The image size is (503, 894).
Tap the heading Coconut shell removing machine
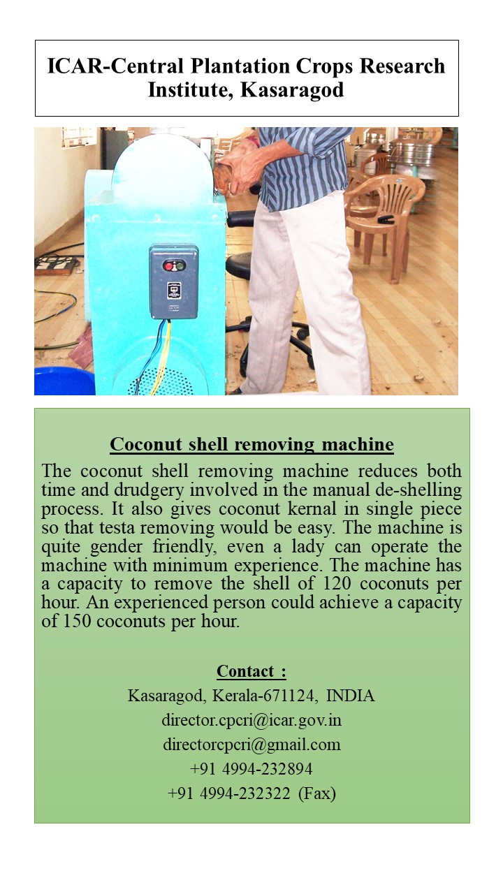[251, 444]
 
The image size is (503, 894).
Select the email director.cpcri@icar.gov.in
[251, 720]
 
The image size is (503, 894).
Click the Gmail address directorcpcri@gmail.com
[251, 745]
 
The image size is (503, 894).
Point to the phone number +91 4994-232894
[251, 769]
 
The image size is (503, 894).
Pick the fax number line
[251, 793]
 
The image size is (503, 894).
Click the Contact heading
[251, 671]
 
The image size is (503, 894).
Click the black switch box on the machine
[173, 281]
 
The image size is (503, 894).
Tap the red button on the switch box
[166, 266]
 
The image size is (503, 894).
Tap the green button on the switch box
[180, 266]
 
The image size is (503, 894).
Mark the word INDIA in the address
[351, 696]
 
